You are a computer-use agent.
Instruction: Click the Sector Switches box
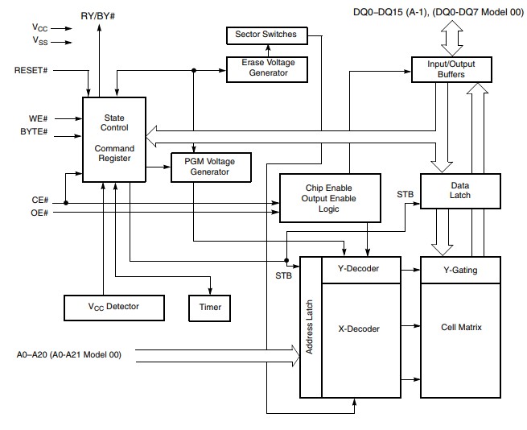click(x=266, y=35)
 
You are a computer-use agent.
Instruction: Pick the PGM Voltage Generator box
click(x=212, y=166)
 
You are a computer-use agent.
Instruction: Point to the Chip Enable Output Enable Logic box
click(x=328, y=197)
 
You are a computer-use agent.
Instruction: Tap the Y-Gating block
click(x=459, y=270)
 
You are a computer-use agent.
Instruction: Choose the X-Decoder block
click(x=359, y=328)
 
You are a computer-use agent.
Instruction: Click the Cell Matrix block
click(x=459, y=328)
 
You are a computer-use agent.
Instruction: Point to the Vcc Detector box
click(x=113, y=307)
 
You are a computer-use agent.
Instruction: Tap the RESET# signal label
click(x=31, y=70)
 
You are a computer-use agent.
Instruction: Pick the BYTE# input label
click(x=33, y=131)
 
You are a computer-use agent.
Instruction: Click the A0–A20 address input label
click(x=68, y=353)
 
